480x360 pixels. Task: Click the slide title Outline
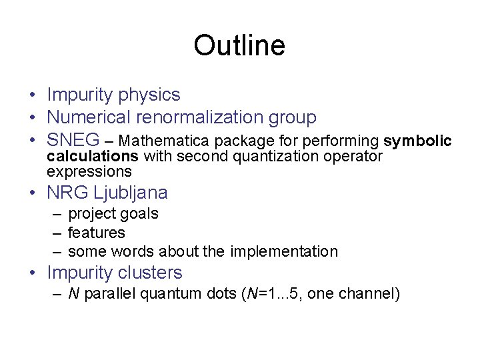(239, 46)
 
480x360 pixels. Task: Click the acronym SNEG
(73, 141)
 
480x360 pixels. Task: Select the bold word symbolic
(418, 141)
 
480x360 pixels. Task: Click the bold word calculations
(92, 157)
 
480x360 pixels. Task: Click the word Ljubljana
(131, 193)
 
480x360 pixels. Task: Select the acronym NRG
(67, 193)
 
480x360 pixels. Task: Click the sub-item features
(96, 233)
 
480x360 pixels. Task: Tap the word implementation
(284, 252)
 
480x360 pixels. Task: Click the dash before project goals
(56, 214)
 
